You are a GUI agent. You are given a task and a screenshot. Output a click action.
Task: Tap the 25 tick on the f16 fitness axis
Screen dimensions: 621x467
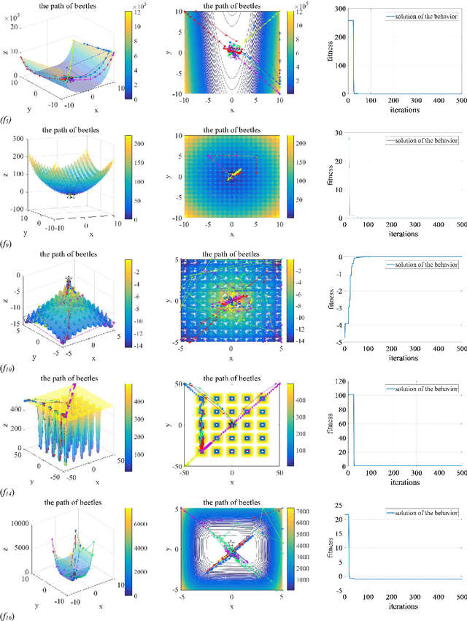pyautogui.click(x=339, y=506)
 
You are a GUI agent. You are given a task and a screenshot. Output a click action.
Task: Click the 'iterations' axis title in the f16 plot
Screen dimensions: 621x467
pyautogui.click(x=404, y=606)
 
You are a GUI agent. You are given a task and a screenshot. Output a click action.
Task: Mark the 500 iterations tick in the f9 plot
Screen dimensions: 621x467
pyautogui.click(x=460, y=226)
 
